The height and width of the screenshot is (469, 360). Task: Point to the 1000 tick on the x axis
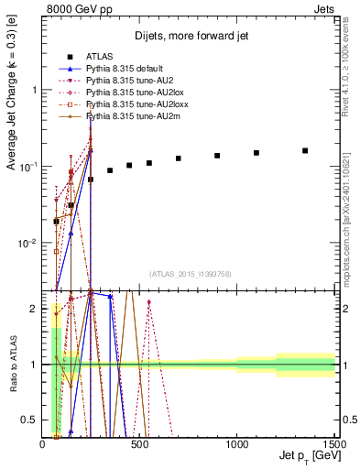click(x=237, y=444)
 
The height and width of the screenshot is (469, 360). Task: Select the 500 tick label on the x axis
click(x=139, y=444)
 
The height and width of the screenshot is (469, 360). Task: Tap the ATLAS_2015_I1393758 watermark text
click(x=190, y=273)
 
